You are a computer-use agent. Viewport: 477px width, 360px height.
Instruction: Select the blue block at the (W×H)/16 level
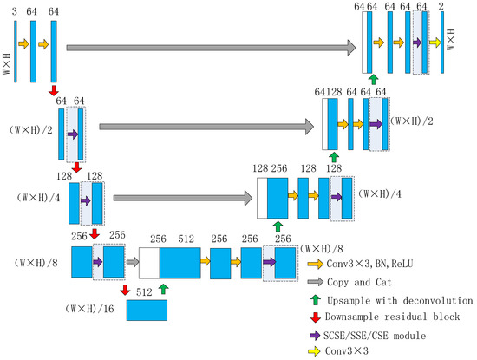click(147, 310)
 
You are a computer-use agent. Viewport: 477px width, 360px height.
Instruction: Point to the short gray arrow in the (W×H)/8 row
click(131, 259)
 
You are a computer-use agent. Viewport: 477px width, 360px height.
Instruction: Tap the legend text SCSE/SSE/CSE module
click(379, 334)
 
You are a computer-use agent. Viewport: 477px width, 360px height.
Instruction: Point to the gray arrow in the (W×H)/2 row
click(206, 127)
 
